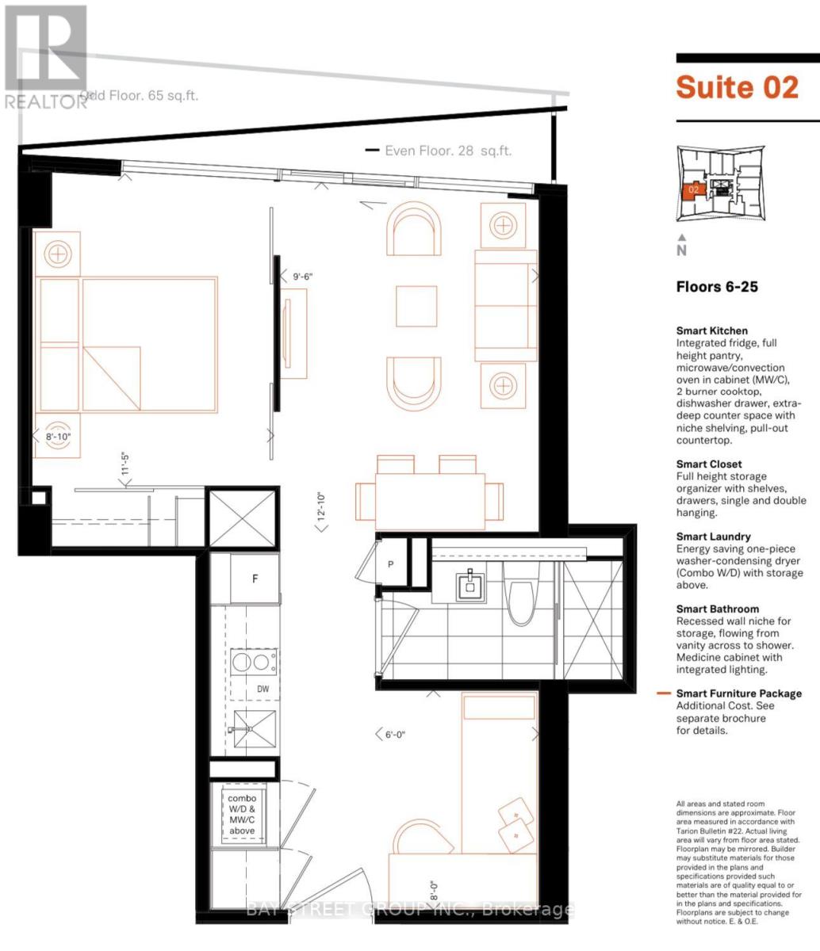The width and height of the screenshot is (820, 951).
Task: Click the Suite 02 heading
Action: coord(737,86)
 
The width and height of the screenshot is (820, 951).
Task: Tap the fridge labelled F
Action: coord(255,578)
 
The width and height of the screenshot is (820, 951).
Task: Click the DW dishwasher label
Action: coord(262,689)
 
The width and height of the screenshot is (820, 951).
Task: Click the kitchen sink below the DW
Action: coord(254,729)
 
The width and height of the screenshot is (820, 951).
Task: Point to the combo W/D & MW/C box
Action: coord(243,814)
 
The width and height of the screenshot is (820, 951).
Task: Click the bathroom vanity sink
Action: coord(471,585)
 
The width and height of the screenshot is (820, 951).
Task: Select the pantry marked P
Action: coord(392,564)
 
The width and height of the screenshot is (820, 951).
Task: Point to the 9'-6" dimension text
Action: coord(303,277)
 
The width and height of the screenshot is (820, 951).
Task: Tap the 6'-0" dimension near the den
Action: coord(394,735)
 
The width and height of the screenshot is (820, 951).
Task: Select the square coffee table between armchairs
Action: coord(416,304)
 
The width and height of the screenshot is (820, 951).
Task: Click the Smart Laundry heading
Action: coord(713,537)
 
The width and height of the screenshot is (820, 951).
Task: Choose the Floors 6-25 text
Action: coord(717,287)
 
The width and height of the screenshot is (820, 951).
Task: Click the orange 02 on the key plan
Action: coord(693,190)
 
